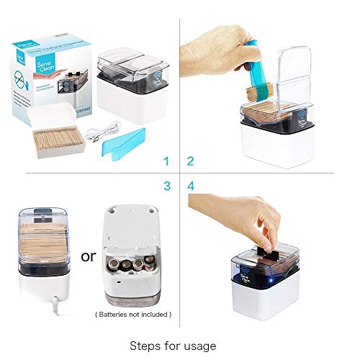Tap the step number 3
point(166,186)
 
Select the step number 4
point(192,186)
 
